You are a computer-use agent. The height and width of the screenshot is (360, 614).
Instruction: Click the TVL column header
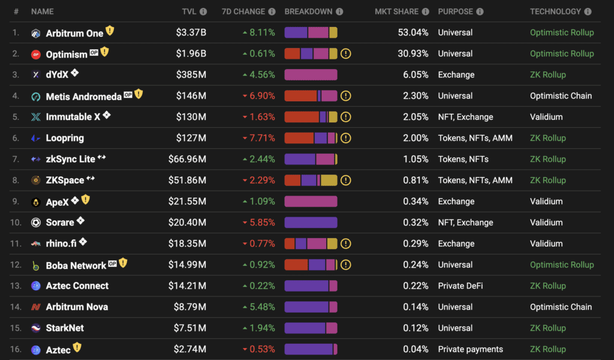(x=189, y=12)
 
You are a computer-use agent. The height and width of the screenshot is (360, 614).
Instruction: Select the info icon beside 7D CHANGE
(x=272, y=12)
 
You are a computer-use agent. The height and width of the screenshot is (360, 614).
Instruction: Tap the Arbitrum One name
(x=74, y=33)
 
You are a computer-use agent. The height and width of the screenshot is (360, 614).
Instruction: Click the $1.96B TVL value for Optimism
(x=191, y=53)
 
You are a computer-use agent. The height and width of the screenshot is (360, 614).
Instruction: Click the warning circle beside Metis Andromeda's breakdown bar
(x=345, y=96)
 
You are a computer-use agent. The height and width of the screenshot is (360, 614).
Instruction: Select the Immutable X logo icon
(x=35, y=117)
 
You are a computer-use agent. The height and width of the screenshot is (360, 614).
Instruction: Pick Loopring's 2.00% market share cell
(x=416, y=138)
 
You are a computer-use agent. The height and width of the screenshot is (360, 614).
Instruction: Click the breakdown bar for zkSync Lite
(x=311, y=159)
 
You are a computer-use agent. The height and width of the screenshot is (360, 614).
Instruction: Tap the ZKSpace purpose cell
(x=475, y=181)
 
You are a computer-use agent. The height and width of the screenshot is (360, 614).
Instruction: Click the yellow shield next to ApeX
(x=86, y=200)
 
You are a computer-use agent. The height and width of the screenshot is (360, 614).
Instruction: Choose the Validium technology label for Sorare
(x=546, y=223)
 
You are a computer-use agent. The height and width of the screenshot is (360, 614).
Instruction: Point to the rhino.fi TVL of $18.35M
(x=187, y=244)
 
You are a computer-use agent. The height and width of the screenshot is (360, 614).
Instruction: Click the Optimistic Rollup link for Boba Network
(x=562, y=265)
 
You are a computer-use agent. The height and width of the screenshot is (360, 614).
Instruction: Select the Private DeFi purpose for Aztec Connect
(x=460, y=286)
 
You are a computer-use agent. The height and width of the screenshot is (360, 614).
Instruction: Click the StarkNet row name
(x=65, y=328)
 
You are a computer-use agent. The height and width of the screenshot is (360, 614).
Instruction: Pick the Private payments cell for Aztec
(x=470, y=349)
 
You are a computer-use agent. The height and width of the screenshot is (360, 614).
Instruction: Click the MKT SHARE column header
(x=397, y=12)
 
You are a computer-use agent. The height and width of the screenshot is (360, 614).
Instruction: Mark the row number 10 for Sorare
(x=16, y=223)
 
